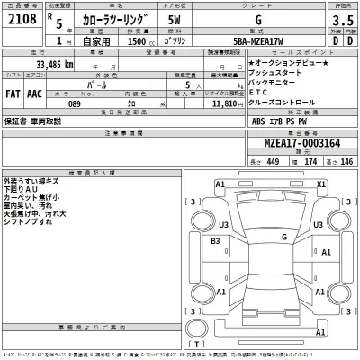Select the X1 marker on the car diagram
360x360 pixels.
point(321,184)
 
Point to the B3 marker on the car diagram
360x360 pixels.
point(214,241)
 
